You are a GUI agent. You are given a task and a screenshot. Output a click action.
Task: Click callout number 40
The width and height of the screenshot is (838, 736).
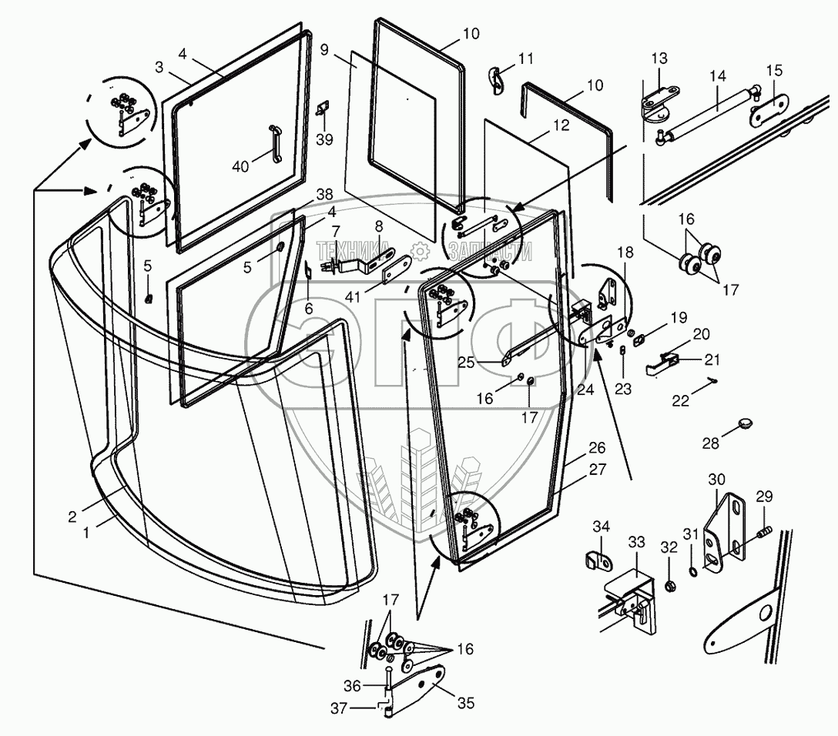click(240, 166)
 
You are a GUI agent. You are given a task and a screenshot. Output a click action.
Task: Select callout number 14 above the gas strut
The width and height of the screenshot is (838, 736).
click(719, 75)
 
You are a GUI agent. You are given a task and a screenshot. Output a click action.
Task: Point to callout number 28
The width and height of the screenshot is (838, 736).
click(710, 443)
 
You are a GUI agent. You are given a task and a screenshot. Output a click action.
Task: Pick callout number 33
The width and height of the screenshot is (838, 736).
click(636, 542)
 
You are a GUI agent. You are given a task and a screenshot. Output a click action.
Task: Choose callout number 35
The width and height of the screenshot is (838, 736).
click(466, 704)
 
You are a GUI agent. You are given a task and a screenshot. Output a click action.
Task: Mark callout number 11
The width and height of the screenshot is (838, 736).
click(526, 59)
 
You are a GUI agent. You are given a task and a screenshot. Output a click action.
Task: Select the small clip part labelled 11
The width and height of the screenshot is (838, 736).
click(497, 80)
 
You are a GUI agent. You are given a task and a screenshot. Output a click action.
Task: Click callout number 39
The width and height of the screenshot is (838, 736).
click(324, 139)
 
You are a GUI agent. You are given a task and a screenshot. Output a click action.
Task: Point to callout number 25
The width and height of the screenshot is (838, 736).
click(466, 362)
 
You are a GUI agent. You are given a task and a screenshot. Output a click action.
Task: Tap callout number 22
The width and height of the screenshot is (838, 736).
click(680, 400)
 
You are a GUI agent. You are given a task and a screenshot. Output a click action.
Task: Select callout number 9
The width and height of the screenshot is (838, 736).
click(324, 51)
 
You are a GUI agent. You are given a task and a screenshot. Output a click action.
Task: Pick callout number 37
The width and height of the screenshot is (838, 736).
click(339, 708)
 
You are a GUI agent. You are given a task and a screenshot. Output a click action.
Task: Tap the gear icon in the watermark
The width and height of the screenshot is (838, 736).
click(420, 250)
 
